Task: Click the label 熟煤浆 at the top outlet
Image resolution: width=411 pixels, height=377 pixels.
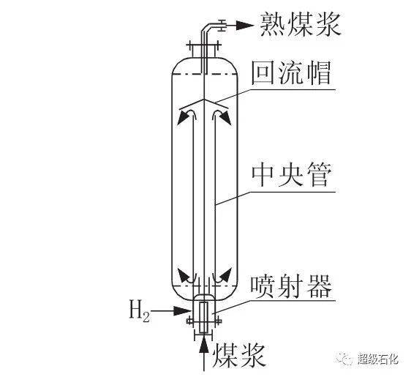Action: [301, 25]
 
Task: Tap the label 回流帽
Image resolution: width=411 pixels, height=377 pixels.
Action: [291, 73]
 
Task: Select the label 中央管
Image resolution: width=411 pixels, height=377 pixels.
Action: [291, 175]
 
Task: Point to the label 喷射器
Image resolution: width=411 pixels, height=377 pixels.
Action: [291, 287]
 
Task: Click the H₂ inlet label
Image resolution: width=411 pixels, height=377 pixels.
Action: [139, 311]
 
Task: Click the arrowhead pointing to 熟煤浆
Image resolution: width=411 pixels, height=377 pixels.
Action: [246, 26]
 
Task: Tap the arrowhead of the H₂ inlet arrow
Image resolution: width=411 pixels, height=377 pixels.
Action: [183, 311]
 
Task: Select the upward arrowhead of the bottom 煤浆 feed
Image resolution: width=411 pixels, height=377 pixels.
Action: [203, 344]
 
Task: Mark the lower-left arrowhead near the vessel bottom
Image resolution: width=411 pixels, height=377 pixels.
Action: [184, 275]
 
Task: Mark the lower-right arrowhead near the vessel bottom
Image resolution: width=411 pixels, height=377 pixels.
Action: [226, 275]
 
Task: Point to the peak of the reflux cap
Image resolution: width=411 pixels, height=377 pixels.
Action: [204, 100]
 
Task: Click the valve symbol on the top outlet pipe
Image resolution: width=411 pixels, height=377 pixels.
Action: [222, 26]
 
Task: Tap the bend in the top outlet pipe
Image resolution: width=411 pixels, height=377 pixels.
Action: [205, 28]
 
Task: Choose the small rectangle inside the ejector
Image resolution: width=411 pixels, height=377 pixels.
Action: [203, 318]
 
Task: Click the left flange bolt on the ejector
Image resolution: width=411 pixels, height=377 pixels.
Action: [189, 321]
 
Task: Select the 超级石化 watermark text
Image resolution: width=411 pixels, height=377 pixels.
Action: [377, 359]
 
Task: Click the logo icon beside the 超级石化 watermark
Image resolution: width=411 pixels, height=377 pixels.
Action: [345, 358]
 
